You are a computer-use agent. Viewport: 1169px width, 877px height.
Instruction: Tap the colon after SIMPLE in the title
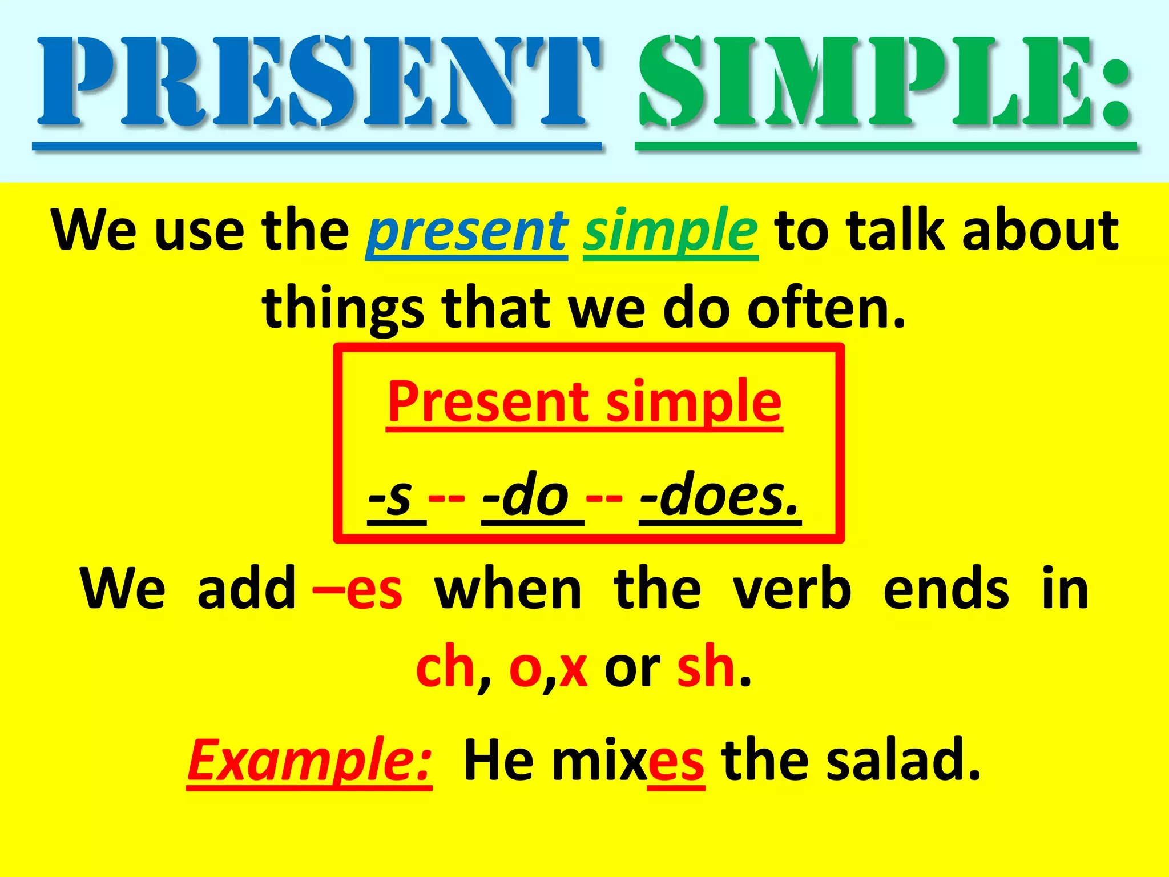pyautogui.click(x=1116, y=91)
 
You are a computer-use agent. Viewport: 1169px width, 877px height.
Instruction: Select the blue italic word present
pyautogui.click(x=467, y=231)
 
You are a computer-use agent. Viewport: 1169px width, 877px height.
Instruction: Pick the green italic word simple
pyautogui.click(x=670, y=231)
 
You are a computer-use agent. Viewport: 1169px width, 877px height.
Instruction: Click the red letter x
pyautogui.click(x=573, y=669)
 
